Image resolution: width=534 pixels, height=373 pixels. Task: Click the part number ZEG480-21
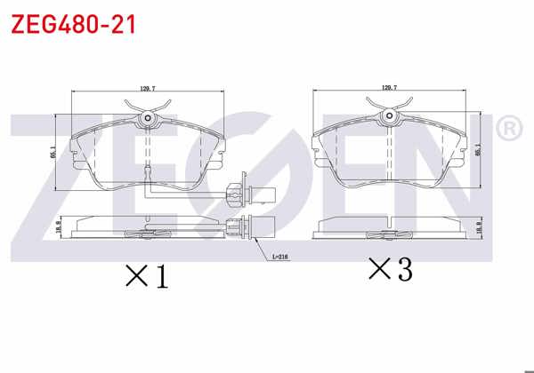[x=73, y=24]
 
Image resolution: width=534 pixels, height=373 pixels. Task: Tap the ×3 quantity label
[x=392, y=269]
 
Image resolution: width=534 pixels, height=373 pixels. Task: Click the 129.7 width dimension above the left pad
[x=149, y=89]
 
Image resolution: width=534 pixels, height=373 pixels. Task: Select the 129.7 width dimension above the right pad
[x=389, y=88]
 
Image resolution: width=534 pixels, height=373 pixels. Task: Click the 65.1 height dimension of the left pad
[x=54, y=152]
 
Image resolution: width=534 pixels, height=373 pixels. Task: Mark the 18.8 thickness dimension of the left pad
[x=59, y=226]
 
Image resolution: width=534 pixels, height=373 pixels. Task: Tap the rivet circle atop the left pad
[x=149, y=119]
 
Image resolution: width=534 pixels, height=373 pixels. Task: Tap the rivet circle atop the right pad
[x=389, y=116]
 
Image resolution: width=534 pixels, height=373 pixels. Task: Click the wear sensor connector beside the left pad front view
[x=238, y=191]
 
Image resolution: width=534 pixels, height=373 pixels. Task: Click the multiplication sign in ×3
[x=378, y=269]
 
